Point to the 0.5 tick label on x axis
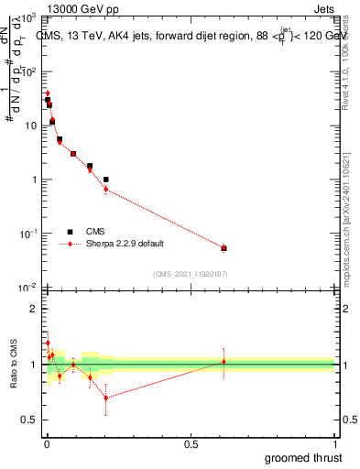click(190, 443)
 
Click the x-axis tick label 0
click(47, 443)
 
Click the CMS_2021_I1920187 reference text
click(190, 273)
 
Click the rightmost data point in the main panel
click(224, 247)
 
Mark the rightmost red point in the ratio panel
click(224, 362)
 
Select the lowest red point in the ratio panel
click(105, 398)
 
